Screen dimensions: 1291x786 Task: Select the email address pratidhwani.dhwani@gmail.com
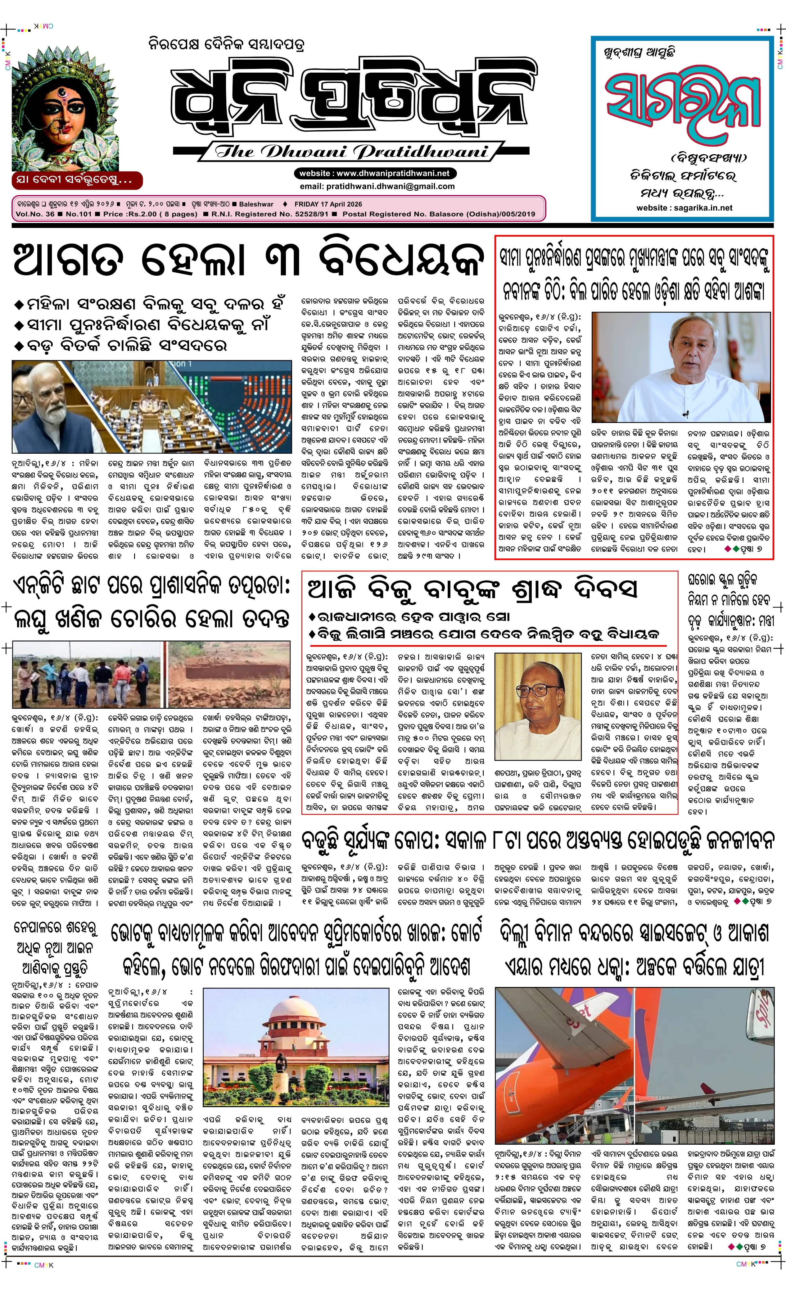(x=377, y=186)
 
